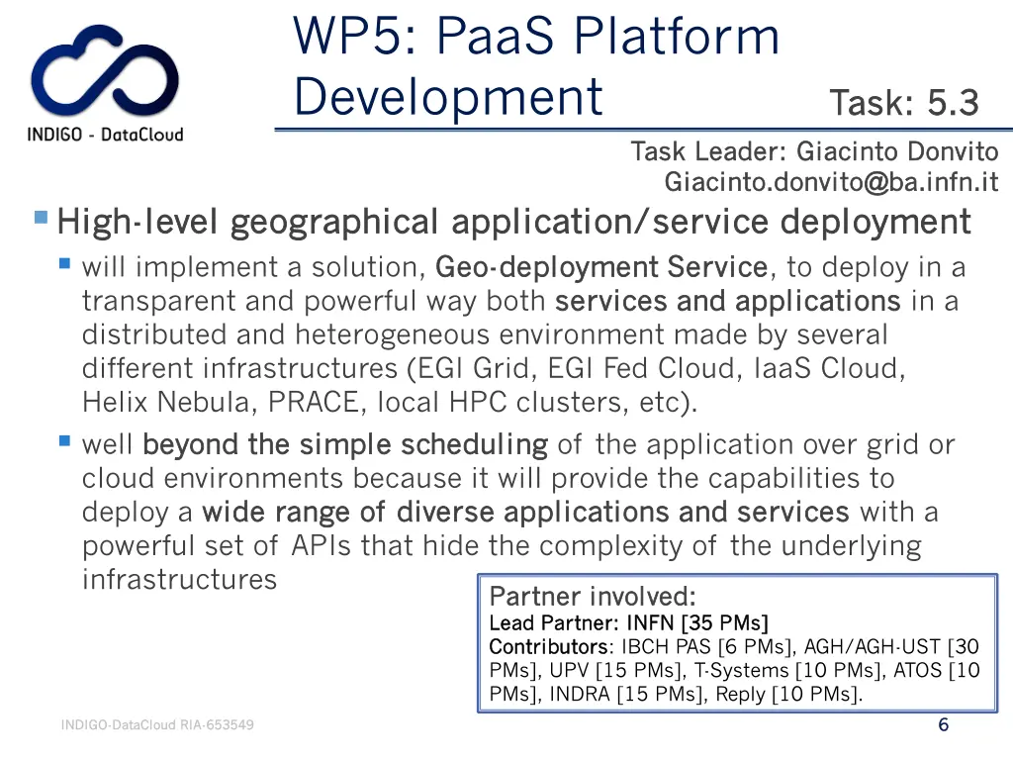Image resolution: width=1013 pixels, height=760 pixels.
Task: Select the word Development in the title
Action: (448, 97)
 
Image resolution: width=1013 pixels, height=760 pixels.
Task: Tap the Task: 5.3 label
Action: (903, 102)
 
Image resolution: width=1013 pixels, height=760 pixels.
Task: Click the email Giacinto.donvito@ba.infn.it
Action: (831, 183)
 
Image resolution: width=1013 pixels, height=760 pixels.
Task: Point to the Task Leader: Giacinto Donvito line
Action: (814, 151)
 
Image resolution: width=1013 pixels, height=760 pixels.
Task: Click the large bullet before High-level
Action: (41, 217)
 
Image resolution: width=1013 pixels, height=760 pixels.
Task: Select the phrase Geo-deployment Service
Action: (600, 267)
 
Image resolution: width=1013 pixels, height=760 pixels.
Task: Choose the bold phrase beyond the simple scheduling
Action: (344, 445)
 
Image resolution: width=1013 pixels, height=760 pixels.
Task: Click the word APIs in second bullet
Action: (322, 546)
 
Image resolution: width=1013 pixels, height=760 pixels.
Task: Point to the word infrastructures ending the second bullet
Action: (179, 579)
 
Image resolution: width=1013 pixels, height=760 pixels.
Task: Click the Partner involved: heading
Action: (593, 597)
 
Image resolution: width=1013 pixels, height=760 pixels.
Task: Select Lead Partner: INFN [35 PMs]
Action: (628, 622)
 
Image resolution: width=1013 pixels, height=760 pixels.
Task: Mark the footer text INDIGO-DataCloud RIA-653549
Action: (157, 725)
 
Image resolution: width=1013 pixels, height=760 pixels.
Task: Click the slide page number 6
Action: (943, 725)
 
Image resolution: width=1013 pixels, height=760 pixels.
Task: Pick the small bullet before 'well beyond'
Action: (64, 441)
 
